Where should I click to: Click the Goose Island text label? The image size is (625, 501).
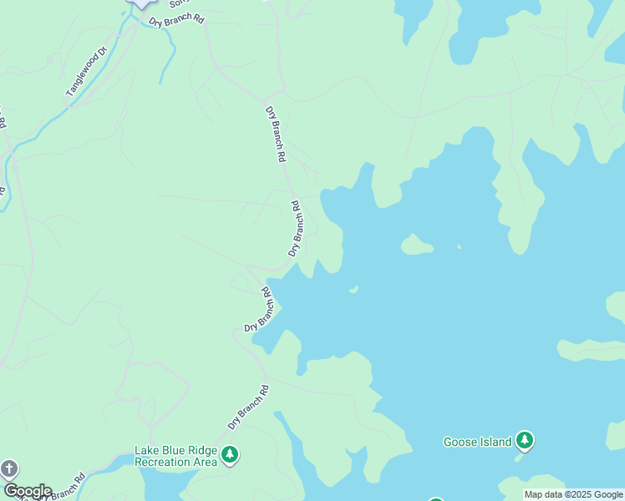[x=477, y=442]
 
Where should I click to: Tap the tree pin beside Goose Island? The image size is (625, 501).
[x=524, y=440]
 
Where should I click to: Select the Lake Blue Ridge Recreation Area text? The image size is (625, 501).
[x=175, y=456]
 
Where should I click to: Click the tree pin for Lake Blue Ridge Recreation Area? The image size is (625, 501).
[x=230, y=455]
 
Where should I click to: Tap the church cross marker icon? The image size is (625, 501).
[x=9, y=468]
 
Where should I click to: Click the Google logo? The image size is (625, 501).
[x=27, y=491]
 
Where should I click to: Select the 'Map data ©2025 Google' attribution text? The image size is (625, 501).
[x=573, y=494]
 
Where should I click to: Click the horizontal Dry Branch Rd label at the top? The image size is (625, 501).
[x=176, y=20]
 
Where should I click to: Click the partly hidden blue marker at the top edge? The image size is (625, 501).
[x=142, y=4]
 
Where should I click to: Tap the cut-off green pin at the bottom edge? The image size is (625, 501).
[x=435, y=498]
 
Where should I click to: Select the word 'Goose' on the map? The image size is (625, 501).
[x=460, y=442]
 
